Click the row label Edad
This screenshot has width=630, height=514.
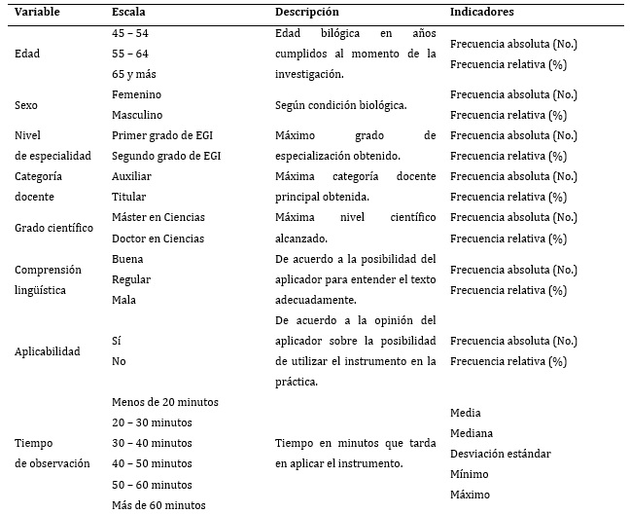pos(29,54)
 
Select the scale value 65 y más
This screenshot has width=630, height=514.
pos(134,74)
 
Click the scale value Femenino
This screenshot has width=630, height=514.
pos(137,94)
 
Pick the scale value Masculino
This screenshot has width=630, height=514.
pos(139,115)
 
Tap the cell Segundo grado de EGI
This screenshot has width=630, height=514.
pos(164,156)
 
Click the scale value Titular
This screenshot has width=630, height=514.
pos(129,197)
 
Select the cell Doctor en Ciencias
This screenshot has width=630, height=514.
pos(158,238)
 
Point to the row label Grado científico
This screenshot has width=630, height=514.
pos(54,228)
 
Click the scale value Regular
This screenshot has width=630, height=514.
pos(132,279)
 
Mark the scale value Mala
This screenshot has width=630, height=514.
pos(124,300)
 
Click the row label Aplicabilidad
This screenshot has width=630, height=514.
pos(48,351)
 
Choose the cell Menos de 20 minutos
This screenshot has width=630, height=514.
pos(165,402)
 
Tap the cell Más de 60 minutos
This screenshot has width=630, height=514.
pos(159,504)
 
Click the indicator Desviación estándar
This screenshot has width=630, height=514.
pos(501,454)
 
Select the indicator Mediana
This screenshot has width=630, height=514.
pos(472,433)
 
